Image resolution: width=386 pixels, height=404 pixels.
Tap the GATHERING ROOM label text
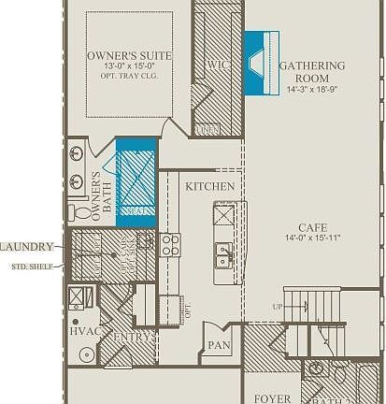click(311, 72)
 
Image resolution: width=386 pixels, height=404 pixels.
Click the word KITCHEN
click(209, 187)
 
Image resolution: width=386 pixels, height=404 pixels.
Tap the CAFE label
click(312, 227)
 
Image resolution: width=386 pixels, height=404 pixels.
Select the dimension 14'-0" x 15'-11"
click(312, 238)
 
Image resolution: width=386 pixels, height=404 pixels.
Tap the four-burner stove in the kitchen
click(170, 245)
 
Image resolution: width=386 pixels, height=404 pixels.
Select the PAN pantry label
click(219, 345)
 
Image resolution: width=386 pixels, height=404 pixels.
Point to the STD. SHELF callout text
click(31, 266)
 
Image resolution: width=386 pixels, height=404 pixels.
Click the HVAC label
click(84, 331)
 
